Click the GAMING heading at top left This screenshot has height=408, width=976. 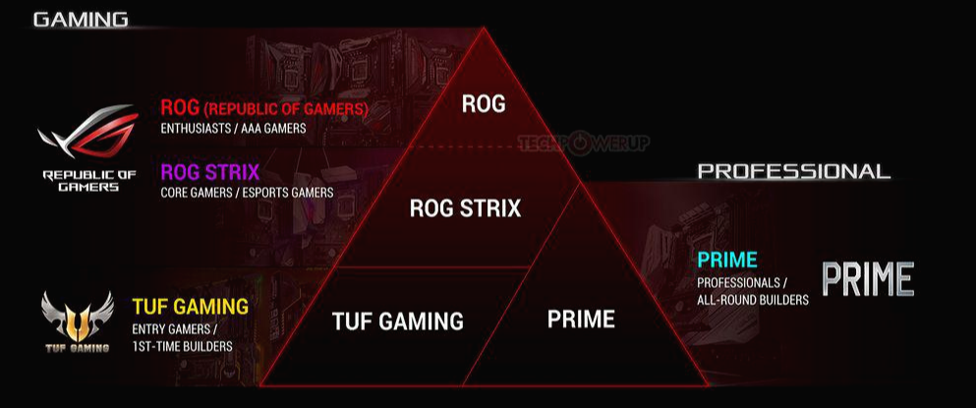[81, 20]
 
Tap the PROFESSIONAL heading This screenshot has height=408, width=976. [793, 171]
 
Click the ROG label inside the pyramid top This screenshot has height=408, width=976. [484, 103]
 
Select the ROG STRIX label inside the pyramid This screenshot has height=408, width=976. [465, 208]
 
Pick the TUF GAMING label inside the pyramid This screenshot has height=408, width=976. [397, 321]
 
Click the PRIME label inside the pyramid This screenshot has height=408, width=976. [581, 320]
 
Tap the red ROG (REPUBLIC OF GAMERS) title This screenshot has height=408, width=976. [264, 108]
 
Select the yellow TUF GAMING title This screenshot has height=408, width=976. [190, 307]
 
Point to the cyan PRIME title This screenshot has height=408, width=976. [727, 261]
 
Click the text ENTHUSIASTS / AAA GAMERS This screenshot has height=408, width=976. [234, 128]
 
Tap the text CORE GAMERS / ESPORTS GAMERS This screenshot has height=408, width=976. [247, 193]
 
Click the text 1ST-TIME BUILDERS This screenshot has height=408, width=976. [182, 346]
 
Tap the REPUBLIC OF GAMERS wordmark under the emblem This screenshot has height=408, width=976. [81, 181]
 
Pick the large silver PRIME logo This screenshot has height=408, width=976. [868, 279]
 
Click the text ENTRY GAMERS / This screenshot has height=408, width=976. [174, 328]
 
